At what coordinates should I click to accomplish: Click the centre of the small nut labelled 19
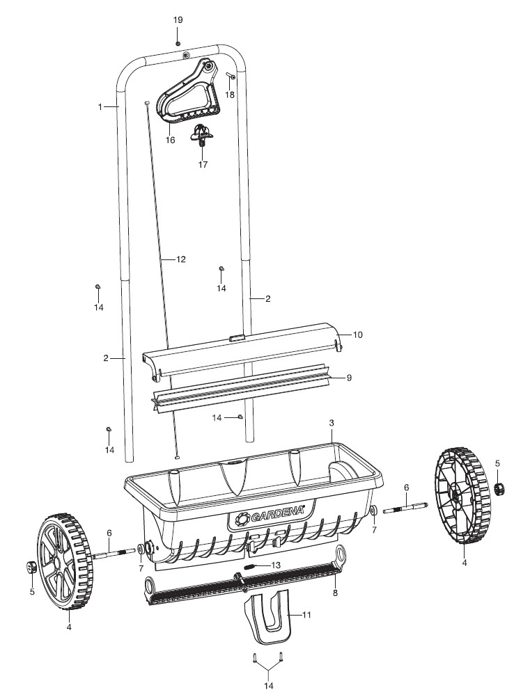(178, 44)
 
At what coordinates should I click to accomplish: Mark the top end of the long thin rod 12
(146, 103)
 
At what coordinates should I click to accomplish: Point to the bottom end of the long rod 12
(178, 456)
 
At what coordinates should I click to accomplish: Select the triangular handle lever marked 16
(187, 92)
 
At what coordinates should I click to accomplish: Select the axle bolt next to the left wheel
(114, 553)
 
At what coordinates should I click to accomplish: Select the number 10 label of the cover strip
(358, 335)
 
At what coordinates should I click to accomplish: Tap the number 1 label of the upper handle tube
(100, 107)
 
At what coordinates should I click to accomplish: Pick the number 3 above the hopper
(332, 422)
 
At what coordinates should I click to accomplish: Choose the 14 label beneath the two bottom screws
(269, 686)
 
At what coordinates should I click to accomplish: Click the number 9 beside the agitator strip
(349, 378)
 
